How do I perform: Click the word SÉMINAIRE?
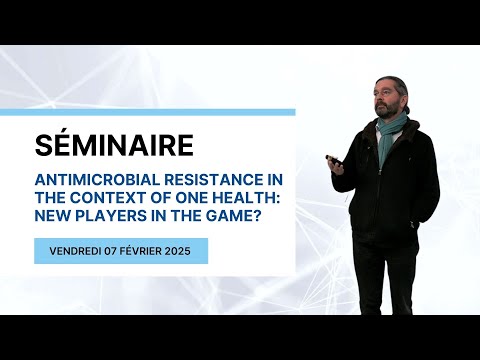click(x=114, y=146)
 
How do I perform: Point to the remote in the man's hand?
click(x=333, y=158)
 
